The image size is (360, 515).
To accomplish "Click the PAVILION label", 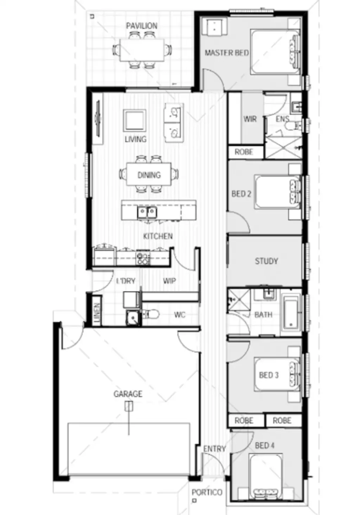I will (x=142, y=26).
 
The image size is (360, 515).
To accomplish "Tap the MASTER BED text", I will (x=226, y=53).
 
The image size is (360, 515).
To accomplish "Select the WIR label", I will (x=250, y=119).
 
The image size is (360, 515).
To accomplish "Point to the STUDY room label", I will (x=266, y=261).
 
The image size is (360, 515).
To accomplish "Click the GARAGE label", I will (x=128, y=394).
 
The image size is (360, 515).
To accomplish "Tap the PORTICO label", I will (x=207, y=492).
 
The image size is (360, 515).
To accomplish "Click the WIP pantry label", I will (x=169, y=281).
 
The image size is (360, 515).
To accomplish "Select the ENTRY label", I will (x=214, y=449).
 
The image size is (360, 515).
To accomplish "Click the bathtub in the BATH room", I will (x=291, y=313).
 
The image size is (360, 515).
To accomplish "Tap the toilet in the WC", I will (x=151, y=314).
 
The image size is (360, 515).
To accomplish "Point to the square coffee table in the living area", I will (x=134, y=120).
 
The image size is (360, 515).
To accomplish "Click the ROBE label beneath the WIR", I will (x=244, y=152).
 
